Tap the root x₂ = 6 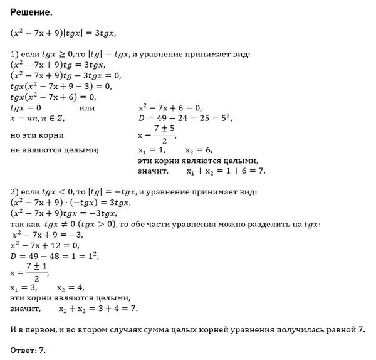click(199, 151)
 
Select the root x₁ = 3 click(24, 288)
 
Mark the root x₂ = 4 click(70, 288)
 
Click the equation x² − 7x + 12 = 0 click(46, 245)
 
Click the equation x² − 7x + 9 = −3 click(47, 235)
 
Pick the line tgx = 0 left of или click(26, 107)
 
